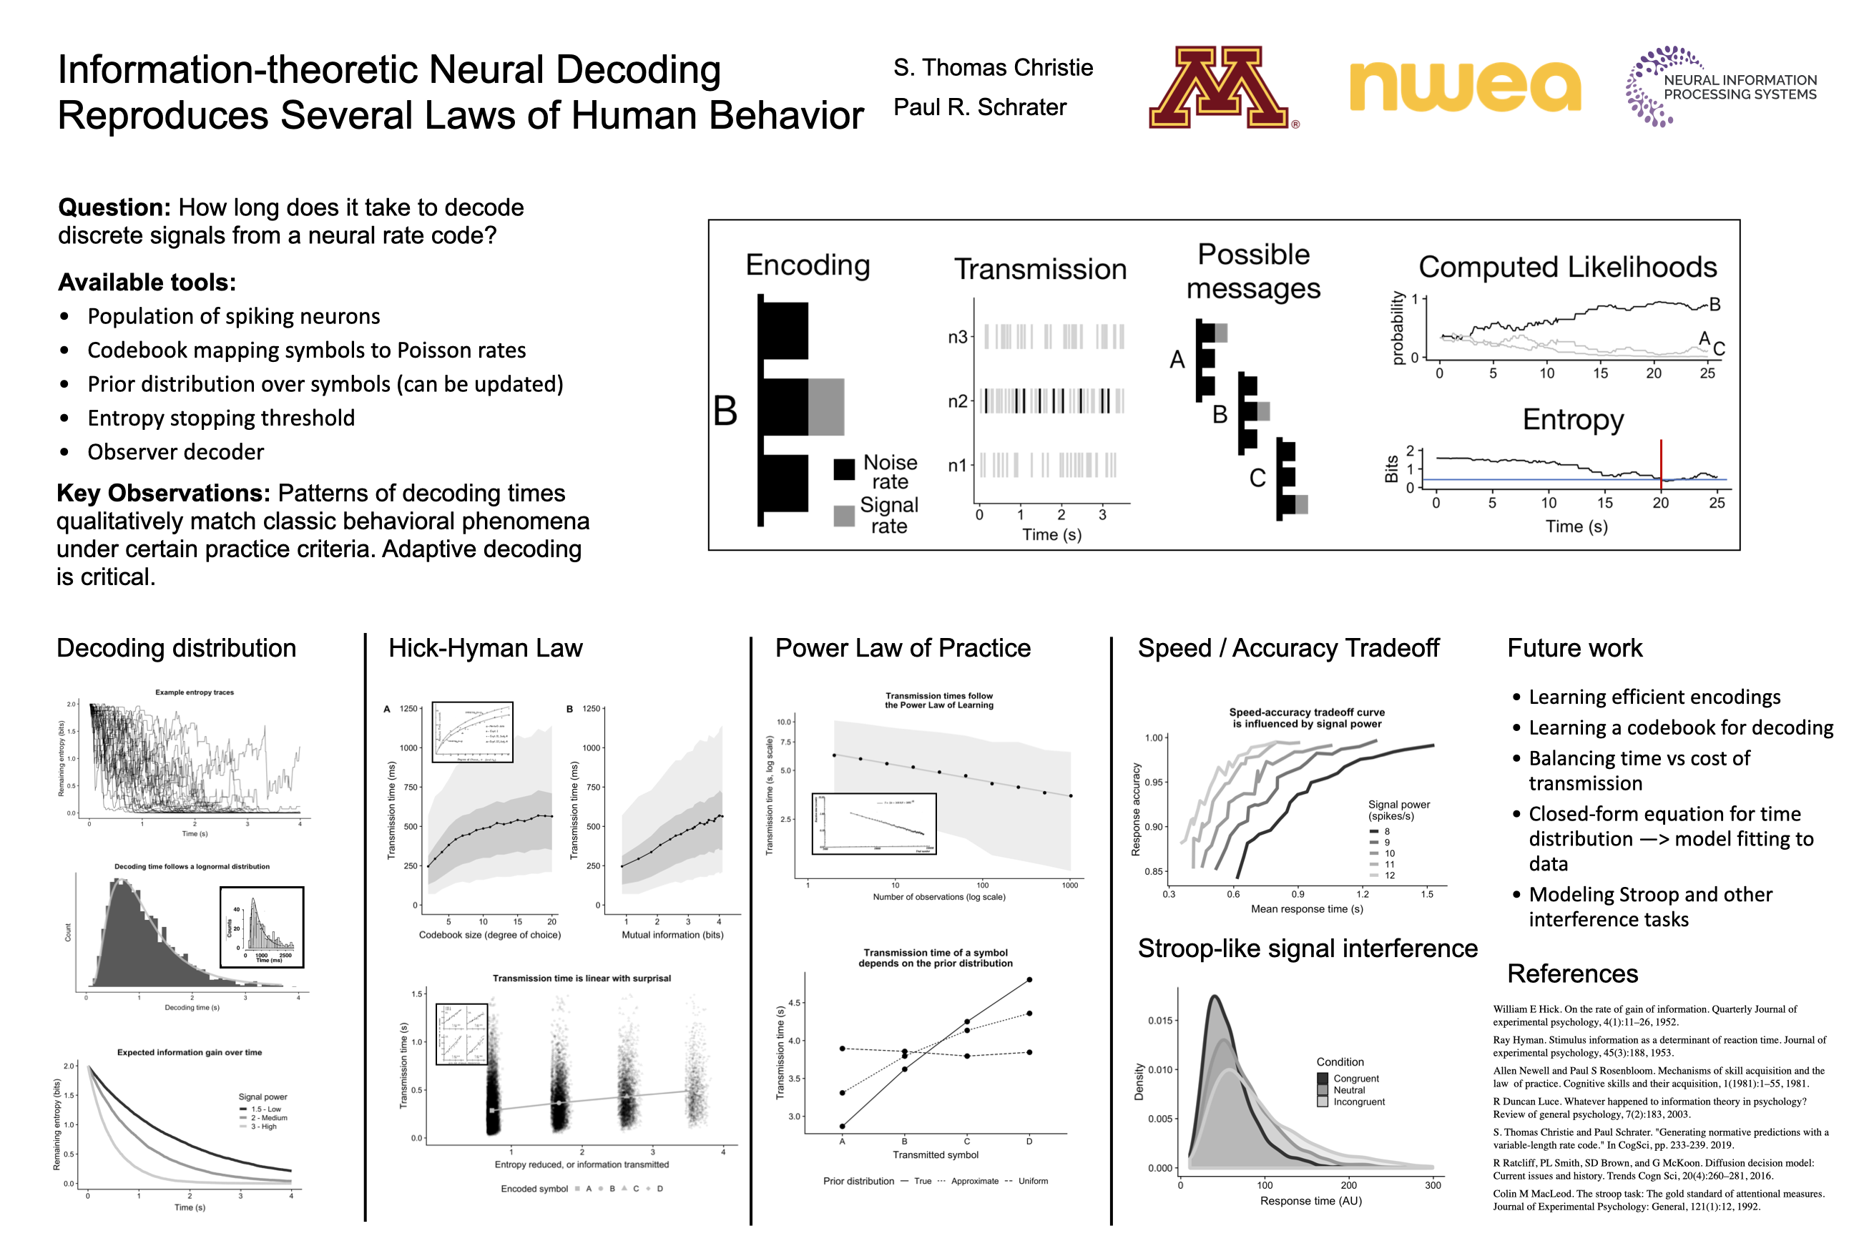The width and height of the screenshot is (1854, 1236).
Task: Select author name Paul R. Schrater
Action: tap(979, 107)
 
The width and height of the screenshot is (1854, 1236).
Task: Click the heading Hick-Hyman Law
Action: tap(485, 648)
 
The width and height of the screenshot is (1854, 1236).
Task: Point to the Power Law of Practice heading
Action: tap(903, 648)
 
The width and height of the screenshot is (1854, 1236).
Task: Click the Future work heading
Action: tap(1574, 648)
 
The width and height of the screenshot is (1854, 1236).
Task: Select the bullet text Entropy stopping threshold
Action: tap(221, 418)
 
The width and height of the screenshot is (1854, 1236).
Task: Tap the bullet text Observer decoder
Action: tap(175, 451)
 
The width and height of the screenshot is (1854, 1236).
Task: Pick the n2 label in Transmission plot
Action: tap(957, 401)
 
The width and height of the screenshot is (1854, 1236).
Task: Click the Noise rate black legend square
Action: tap(844, 469)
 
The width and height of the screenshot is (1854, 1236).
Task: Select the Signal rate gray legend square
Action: tap(844, 516)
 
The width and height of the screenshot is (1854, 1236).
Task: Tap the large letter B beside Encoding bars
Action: tap(725, 411)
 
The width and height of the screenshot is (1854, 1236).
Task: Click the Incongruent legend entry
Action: tap(1358, 1102)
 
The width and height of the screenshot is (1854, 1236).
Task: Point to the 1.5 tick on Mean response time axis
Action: tap(1427, 894)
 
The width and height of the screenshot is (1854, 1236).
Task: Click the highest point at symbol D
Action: tap(1029, 980)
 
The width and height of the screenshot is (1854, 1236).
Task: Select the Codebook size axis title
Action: tap(489, 935)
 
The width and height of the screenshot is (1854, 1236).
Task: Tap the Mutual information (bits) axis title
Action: tap(672, 935)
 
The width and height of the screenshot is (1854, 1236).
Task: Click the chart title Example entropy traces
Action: tap(194, 692)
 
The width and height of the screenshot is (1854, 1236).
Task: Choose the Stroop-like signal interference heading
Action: tap(1307, 948)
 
